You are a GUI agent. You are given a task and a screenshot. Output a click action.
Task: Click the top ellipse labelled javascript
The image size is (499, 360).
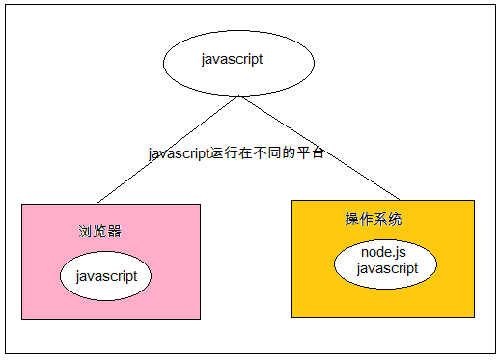(x=238, y=61)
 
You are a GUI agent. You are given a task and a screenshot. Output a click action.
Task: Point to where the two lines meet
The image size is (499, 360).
(x=238, y=95)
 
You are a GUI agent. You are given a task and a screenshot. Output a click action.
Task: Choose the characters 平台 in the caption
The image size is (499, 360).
(x=310, y=153)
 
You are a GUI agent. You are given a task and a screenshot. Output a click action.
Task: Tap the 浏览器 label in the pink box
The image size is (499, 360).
(x=100, y=232)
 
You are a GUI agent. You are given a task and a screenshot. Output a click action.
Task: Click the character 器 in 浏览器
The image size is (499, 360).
(x=115, y=232)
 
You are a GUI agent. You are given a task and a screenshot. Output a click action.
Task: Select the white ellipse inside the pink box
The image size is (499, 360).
(x=106, y=276)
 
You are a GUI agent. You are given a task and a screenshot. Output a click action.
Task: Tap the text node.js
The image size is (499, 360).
(x=384, y=252)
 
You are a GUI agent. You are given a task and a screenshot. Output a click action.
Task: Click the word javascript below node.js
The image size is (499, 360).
(x=387, y=268)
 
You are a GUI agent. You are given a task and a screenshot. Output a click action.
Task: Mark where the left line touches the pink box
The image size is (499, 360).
(x=97, y=204)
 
